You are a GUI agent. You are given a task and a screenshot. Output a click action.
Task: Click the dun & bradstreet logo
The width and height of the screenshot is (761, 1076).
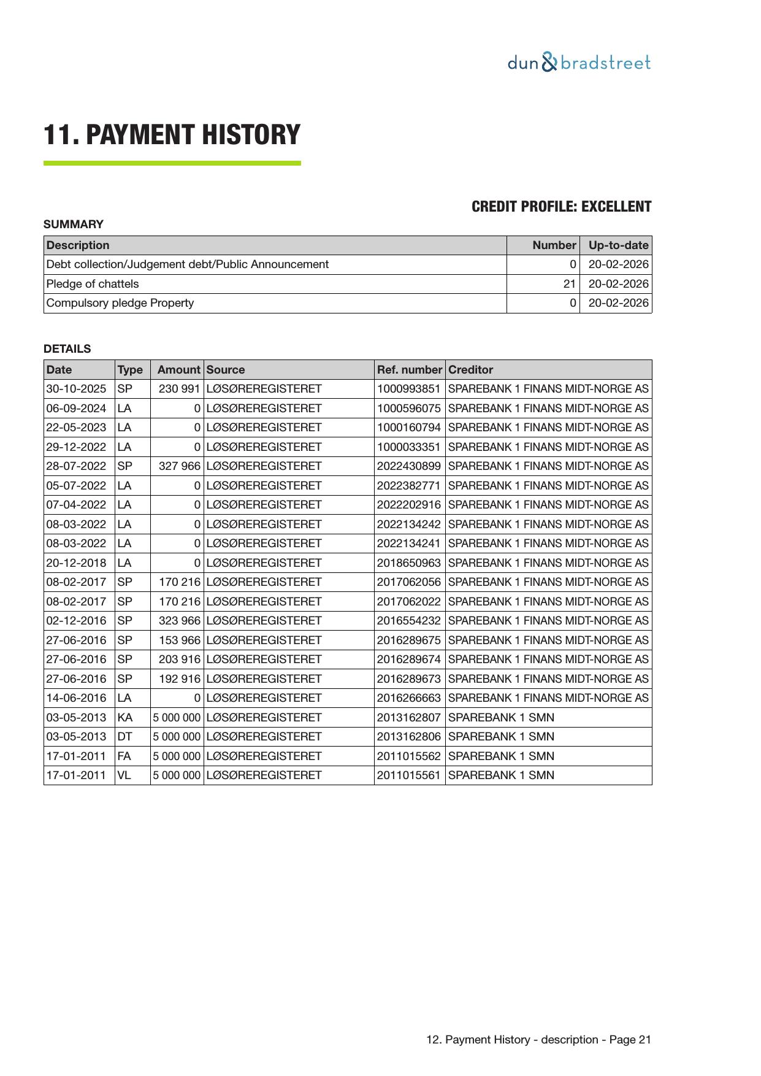pos(578,63)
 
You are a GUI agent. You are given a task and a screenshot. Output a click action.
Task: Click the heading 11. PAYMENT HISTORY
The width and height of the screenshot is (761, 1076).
pos(172,135)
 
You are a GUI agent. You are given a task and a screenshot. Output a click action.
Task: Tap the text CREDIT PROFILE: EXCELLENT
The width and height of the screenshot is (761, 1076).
pos(561,207)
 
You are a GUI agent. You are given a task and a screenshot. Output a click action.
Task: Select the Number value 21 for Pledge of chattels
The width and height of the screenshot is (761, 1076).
pos(569,284)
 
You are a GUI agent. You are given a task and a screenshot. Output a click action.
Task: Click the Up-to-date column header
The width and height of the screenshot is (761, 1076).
pos(618,245)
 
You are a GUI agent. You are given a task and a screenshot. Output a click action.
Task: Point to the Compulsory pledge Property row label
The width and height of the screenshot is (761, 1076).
pos(120,303)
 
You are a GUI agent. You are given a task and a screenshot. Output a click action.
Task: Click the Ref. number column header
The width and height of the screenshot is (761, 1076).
pos(409,370)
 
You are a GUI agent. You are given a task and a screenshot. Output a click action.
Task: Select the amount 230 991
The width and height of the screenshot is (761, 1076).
pos(179,389)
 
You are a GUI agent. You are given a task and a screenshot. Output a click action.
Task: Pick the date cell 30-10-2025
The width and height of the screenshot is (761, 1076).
pos(76,389)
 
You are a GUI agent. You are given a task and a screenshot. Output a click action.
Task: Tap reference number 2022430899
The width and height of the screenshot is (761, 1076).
pos(408,466)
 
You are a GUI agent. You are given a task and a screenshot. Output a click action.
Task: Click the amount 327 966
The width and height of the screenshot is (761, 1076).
pos(179,466)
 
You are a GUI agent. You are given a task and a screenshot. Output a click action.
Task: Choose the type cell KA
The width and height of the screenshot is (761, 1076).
pos(124,717)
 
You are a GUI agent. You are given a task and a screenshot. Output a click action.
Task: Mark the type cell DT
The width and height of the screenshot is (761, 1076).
pos(124,737)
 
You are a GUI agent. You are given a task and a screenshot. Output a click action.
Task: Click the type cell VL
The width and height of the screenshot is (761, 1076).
pos(124,775)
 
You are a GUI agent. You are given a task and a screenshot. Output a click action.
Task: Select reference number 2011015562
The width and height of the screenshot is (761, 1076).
pos(408,756)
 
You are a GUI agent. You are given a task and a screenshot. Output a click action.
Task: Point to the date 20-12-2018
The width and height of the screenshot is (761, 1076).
pos(76,563)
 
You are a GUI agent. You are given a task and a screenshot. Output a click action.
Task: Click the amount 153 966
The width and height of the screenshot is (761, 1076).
pos(179,640)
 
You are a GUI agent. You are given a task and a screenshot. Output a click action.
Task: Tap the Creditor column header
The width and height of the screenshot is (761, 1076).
pos(470,370)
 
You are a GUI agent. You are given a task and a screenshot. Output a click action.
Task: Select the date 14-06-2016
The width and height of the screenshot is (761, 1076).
pos(76,698)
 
